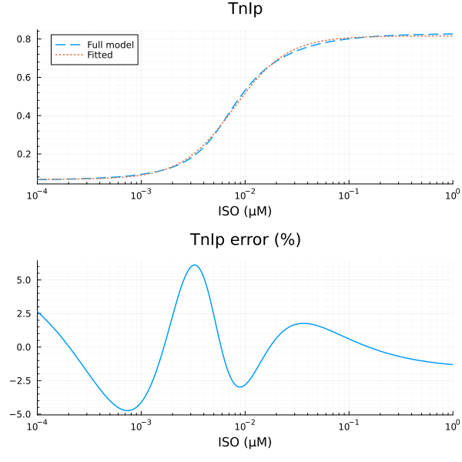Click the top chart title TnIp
245,9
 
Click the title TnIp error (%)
245,239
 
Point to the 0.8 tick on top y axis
25,38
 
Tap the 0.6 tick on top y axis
25,77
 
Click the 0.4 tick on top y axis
25,115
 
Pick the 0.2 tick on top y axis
25,154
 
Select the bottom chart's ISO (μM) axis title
245,442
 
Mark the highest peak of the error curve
195,265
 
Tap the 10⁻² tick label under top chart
245,193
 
